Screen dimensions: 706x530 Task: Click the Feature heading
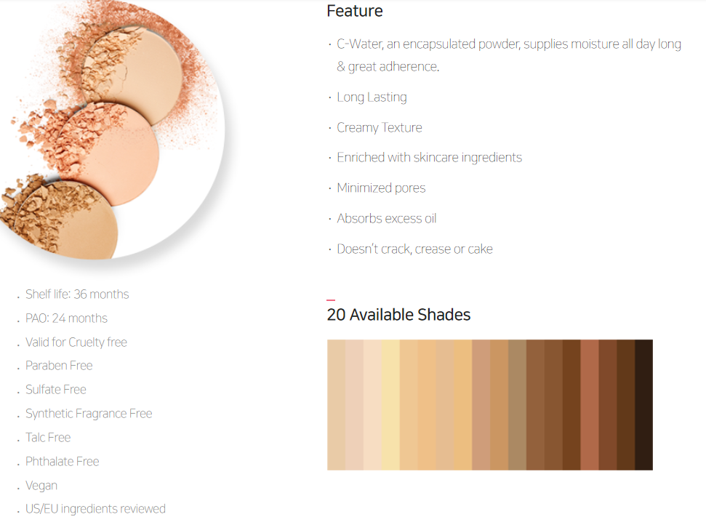point(354,11)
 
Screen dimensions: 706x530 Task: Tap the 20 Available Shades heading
point(398,314)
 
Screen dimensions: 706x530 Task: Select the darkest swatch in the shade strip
point(644,405)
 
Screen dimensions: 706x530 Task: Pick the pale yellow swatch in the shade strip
point(390,405)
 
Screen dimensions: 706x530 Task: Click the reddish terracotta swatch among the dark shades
point(590,405)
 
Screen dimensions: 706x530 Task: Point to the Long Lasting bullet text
point(372,97)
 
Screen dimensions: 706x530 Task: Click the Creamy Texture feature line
point(379,127)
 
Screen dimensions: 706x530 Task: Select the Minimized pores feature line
point(381,188)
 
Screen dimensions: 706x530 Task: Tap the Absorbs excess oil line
point(386,218)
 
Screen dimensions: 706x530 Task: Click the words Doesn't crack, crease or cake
point(414,249)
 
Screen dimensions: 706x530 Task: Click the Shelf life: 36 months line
point(77,294)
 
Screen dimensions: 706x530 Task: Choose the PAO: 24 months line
point(66,318)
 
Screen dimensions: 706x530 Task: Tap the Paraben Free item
point(59,365)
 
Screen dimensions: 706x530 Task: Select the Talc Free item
point(48,437)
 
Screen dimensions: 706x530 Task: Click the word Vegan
point(41,486)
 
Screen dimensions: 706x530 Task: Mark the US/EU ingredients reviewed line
point(95,509)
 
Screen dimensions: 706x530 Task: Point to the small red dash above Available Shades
point(331,300)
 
